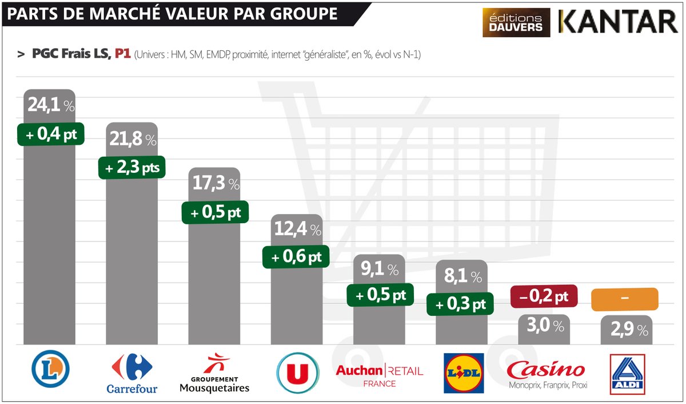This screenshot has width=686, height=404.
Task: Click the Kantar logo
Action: (x=618, y=22)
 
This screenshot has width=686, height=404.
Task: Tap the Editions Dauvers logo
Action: (x=516, y=22)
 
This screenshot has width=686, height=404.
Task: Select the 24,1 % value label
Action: (x=50, y=106)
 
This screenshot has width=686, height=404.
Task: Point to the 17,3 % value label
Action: (x=214, y=184)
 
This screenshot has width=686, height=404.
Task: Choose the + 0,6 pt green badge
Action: (x=297, y=257)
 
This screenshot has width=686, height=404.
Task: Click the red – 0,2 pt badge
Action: (x=544, y=296)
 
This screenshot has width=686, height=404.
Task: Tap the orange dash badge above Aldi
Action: (x=624, y=298)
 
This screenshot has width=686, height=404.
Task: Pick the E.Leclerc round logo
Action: (x=50, y=369)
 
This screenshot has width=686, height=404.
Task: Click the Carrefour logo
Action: (x=132, y=373)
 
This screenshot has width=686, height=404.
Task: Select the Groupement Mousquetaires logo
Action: (x=214, y=373)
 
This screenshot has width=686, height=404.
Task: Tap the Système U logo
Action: (x=297, y=372)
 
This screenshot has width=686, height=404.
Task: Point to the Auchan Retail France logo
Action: (x=379, y=375)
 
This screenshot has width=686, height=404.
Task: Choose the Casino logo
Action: (x=546, y=373)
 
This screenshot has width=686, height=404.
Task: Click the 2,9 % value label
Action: (x=627, y=330)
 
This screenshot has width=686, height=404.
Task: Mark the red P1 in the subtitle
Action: (x=122, y=54)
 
